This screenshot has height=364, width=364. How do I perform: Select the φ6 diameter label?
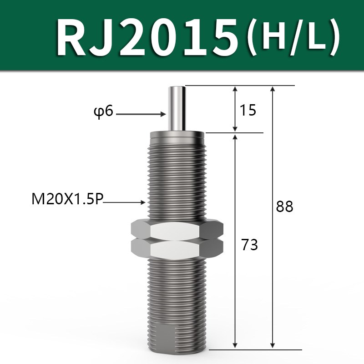tap(103, 111)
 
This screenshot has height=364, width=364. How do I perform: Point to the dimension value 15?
tap(248, 110)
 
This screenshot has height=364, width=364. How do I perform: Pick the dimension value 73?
tap(250, 245)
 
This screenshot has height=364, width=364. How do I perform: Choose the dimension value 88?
tap(285, 207)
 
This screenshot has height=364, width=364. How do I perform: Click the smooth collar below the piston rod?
tap(177, 135)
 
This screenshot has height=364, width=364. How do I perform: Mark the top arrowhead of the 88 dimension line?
tap(272, 89)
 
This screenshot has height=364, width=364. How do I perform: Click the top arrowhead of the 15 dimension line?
tap(235, 89)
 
